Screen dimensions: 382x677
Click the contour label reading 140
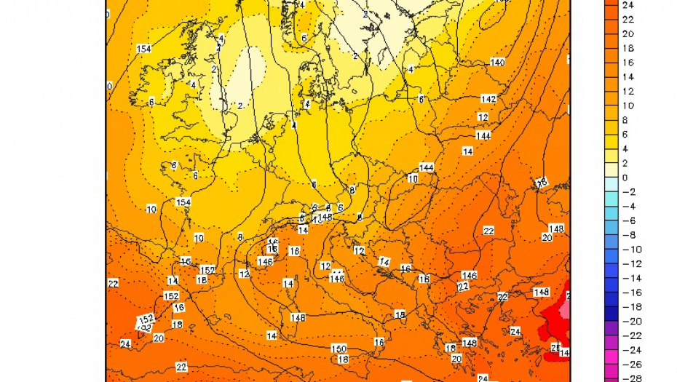click(x=498, y=63)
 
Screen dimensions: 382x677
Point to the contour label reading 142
click(x=488, y=99)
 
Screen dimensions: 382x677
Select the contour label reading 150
click(x=338, y=349)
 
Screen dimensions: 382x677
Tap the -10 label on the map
click(x=151, y=210)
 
